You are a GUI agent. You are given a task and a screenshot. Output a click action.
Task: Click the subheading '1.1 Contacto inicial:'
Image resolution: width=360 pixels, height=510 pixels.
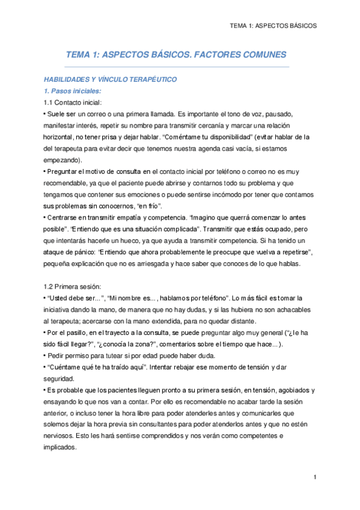pyautogui.click(x=73, y=102)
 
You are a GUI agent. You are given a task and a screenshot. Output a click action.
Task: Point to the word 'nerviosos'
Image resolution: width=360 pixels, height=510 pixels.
pyautogui.click(x=62, y=435)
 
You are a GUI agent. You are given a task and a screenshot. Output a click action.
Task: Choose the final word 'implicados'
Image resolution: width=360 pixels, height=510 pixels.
pyautogui.click(x=61, y=447)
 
